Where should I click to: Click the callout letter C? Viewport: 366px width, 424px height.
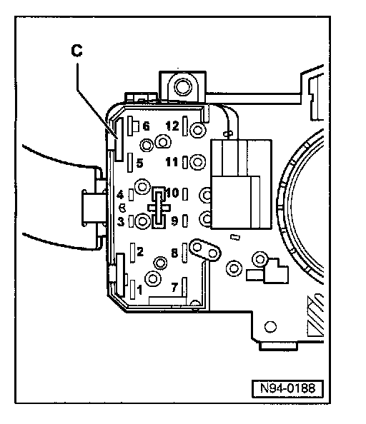click(76, 51)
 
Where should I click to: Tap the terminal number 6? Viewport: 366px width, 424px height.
click(146, 126)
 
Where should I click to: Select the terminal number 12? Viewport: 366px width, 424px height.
click(172, 126)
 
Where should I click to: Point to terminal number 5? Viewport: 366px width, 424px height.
click(139, 163)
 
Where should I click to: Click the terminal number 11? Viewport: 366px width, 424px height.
click(172, 162)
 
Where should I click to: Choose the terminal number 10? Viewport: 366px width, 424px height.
click(173, 193)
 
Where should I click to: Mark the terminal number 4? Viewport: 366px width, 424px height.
click(121, 194)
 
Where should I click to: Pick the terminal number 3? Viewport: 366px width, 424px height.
click(121, 221)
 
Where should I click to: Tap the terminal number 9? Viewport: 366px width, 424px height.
click(175, 221)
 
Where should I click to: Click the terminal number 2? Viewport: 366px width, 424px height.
click(140, 252)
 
